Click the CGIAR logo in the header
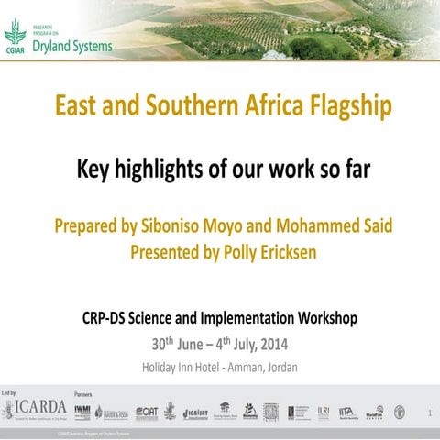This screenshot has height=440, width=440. click(x=16, y=38)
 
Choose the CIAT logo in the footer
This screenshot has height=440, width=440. click(x=147, y=412)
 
